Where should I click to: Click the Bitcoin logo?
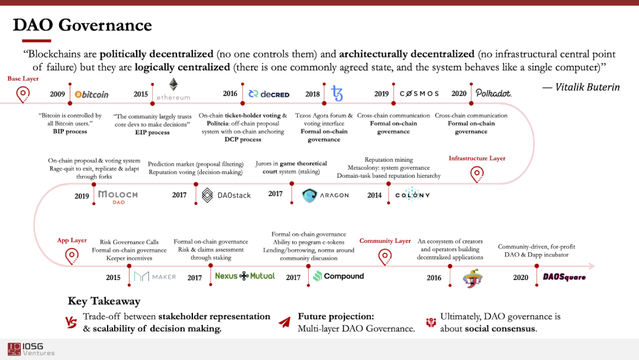pos(92,94)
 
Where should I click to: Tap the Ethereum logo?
pos(173,89)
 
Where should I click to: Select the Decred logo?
pos(269,94)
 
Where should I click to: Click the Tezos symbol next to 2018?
pos(337,94)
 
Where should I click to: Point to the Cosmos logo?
pos(419,94)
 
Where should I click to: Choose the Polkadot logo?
pos(494,94)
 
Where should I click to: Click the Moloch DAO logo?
pos(118,197)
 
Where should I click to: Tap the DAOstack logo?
pos(226,195)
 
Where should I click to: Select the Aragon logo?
pos(325,195)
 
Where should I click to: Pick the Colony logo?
pos(412,195)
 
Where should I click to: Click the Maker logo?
pos(155,277)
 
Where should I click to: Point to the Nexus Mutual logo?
pos(245,276)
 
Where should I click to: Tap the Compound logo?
pos(338,276)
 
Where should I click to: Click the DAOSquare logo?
pos(564,277)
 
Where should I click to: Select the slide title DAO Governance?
pos(83,25)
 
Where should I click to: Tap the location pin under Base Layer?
pos(23,94)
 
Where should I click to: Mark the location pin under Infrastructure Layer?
pos(477,174)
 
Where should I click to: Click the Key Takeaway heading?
pos(104,301)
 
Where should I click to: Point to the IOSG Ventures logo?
pos(31,349)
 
